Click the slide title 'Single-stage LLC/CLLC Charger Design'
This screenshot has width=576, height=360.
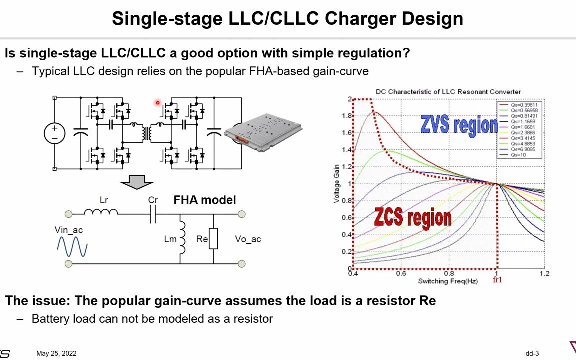tap(287, 19)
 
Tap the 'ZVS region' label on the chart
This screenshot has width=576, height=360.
tap(458, 124)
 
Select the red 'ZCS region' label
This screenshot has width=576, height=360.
tap(413, 218)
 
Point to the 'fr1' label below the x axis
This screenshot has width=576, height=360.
tap(497, 280)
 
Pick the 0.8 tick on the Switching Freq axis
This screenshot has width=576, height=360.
tap(449, 273)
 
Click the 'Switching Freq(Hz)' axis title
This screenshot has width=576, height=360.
tap(448, 282)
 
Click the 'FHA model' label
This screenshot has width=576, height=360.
tap(205, 200)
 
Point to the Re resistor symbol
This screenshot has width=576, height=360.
tap(213, 239)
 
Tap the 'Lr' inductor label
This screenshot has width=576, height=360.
tap(104, 200)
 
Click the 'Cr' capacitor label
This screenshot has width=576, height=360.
tap(153, 200)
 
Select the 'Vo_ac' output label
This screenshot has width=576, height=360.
tap(248, 239)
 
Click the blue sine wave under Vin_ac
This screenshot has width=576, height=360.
tap(72, 247)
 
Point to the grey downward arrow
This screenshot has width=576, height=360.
tap(133, 182)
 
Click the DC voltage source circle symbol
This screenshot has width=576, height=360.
tap(54, 133)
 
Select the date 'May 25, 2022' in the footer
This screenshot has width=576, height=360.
tap(56, 354)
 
